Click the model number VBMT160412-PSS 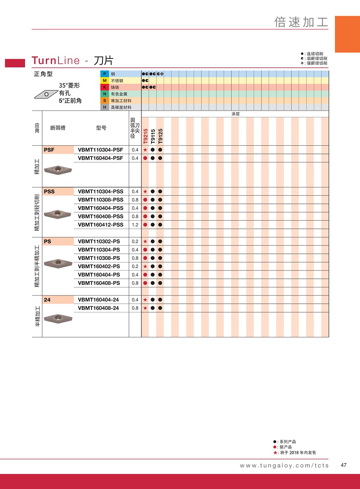[x=101, y=224]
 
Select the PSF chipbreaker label [x=49, y=149]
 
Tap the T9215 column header [x=145, y=136]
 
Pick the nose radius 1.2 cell [x=135, y=224]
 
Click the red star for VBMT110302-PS [x=145, y=241]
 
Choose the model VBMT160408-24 [x=99, y=308]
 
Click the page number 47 [x=343, y=465]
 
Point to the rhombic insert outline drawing [x=45, y=93]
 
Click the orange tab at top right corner [x=347, y=34]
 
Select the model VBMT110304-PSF [x=101, y=149]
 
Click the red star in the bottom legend [x=275, y=453]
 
